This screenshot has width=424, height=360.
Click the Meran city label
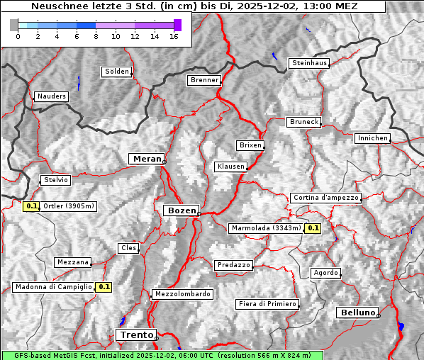pyautogui.click(x=145, y=159)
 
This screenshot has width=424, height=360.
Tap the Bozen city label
pyautogui.click(x=180, y=210)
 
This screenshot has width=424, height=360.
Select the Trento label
pyautogui.click(x=135, y=334)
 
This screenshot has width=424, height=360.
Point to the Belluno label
pyautogui.click(x=357, y=312)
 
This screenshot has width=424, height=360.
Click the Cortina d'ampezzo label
pyautogui.click(x=325, y=198)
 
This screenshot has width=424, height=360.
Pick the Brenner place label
pyautogui.click(x=205, y=80)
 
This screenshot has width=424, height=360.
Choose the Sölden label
pyautogui.click(x=117, y=72)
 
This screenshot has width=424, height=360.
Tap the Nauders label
pyautogui.click(x=51, y=96)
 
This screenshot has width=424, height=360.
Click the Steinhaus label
pyautogui.click(x=310, y=63)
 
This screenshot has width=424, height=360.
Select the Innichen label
pyautogui.click(x=372, y=138)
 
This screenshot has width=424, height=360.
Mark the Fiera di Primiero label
pyautogui.click(x=267, y=304)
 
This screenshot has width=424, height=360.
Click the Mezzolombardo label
pyautogui.click(x=182, y=293)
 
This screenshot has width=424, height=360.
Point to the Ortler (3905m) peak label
pyautogui.click(x=69, y=206)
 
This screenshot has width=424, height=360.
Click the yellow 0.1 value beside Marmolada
pyautogui.click(x=313, y=228)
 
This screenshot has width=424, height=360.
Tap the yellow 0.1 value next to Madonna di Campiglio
pyautogui.click(x=104, y=287)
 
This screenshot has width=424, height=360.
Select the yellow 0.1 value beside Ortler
pyautogui.click(x=31, y=206)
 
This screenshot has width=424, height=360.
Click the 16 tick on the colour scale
pyautogui.click(x=174, y=35)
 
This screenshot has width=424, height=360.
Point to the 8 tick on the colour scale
pyautogui.click(x=96, y=35)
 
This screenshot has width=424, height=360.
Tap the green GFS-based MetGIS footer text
pyautogui.click(x=162, y=355)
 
